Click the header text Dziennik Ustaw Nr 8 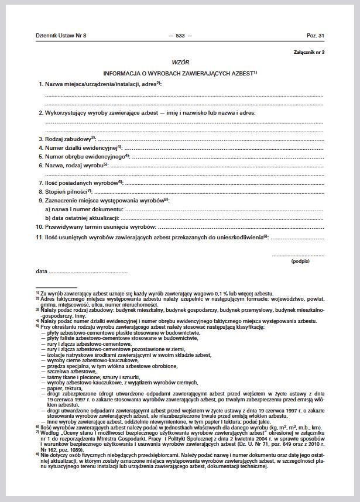[x=61, y=36]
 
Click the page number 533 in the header [x=180, y=36]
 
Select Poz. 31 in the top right [x=315, y=36]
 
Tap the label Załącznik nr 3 [x=309, y=53]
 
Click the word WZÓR [x=180, y=62]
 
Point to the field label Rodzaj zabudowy [x=67, y=139]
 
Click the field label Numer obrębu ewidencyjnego [x=84, y=157]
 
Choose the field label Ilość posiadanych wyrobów [x=81, y=183]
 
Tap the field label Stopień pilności [x=66, y=191]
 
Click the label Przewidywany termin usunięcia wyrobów [x=100, y=226]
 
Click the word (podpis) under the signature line [x=300, y=262]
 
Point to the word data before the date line [x=41, y=271]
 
